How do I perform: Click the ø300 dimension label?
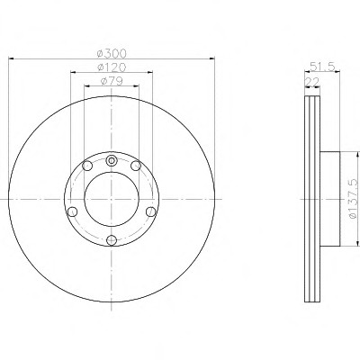tap(112, 53)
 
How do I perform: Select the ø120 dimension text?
tap(112, 67)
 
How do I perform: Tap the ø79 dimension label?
tap(112, 81)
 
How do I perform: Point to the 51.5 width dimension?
tap(322, 67)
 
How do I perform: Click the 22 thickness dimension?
tap(312, 82)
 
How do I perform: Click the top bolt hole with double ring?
tap(112, 160)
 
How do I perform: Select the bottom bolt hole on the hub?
tap(112, 239)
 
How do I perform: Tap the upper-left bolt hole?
tap(87, 166)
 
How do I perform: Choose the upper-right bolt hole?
tap(136, 166)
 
